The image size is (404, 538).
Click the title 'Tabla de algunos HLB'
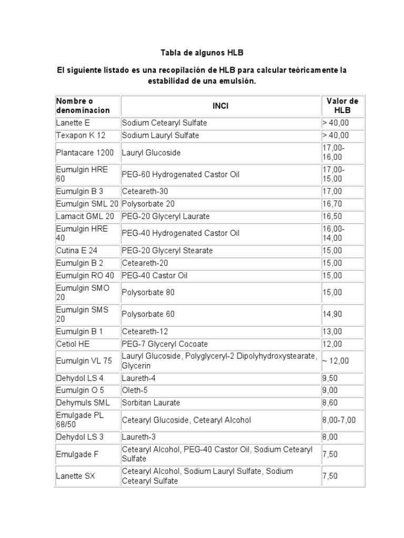coord(202,53)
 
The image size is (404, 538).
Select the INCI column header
coord(220,106)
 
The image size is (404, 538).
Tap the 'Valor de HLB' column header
coord(342,106)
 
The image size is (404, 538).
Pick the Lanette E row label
coord(73,123)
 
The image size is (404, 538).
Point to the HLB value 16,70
coord(332,204)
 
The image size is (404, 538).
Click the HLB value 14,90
coord(332,314)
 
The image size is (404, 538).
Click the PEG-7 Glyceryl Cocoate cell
coord(165,344)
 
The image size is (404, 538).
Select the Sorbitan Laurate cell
coord(151,403)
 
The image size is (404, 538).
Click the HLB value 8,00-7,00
coord(339,420)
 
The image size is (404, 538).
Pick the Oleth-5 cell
coord(135,390)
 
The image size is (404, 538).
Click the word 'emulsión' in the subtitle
coord(239,82)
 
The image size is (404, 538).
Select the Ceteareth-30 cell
coord(145,192)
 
